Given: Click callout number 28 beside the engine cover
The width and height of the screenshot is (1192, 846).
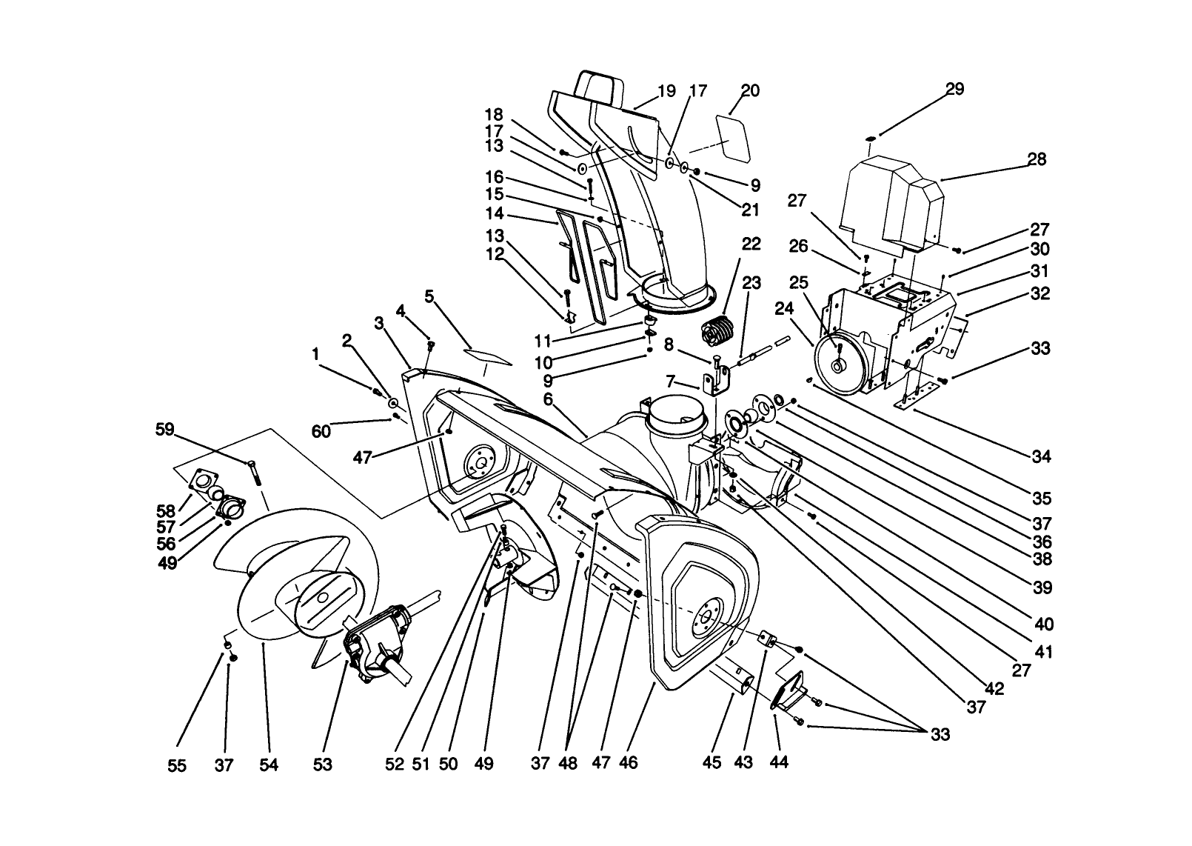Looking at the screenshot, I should [1037, 159].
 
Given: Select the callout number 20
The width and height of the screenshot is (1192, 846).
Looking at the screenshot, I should [750, 90].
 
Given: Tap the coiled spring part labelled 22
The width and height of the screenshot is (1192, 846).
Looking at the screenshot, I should [716, 330].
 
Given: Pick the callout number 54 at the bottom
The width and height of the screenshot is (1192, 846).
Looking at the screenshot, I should [269, 765].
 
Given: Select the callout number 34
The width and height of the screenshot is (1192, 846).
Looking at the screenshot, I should [1041, 457].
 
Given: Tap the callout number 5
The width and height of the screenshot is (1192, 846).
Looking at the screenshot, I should [429, 297].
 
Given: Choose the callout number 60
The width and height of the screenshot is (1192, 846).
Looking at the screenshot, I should [321, 431].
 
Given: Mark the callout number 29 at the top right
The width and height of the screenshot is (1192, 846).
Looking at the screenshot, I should [954, 89].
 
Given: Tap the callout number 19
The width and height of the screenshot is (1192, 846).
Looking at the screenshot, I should [666, 91].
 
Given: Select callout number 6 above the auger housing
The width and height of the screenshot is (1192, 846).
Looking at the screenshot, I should [548, 399].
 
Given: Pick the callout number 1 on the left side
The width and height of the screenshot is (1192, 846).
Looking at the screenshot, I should [315, 355].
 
